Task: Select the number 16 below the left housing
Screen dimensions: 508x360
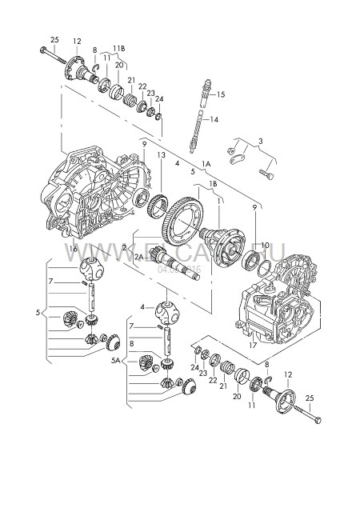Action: click(74, 250)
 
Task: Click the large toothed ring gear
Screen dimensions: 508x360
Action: click(184, 221)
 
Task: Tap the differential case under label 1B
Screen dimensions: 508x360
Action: click(227, 242)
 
